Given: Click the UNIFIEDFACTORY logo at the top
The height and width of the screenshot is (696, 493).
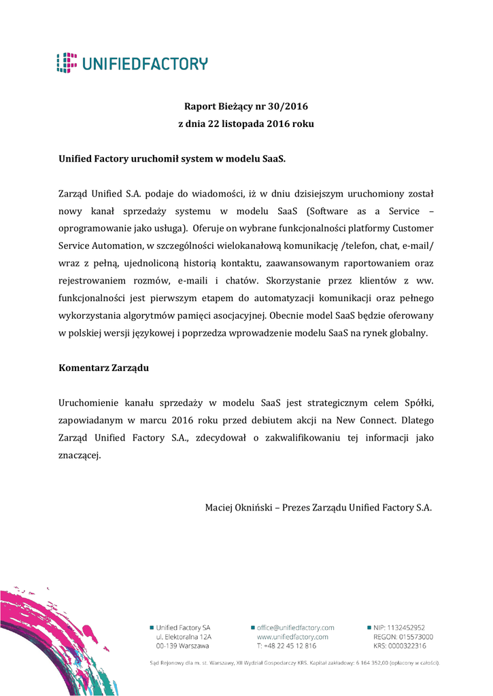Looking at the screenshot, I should tap(132, 63).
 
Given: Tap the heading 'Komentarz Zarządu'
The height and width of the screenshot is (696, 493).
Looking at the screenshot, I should tap(103, 368).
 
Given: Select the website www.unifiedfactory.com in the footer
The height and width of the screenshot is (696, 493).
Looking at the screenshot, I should tap(292, 637).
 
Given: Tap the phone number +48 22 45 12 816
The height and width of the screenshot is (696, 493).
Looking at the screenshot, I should tap(290, 646).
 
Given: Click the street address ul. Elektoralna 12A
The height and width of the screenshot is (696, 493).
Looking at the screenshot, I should tap(184, 637).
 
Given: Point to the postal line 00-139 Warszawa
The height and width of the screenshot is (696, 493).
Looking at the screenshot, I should tap(182, 646).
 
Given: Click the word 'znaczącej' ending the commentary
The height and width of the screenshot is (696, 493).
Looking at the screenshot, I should tap(80, 455).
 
